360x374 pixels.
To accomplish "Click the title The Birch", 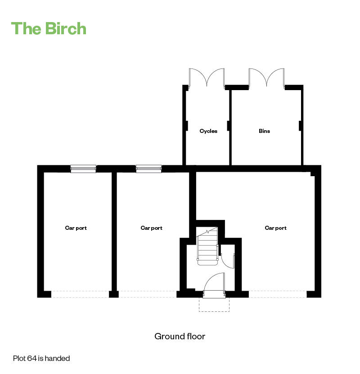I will click(49, 28).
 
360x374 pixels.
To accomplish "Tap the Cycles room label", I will click(208, 131).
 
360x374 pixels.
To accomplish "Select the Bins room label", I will click(264, 131).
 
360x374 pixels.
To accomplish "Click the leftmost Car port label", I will click(76, 228).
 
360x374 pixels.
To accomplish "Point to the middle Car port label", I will click(151, 228).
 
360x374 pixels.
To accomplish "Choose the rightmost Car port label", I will click(275, 228).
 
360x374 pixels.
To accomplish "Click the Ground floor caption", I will click(180, 337).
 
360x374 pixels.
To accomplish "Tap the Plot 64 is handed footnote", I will click(41, 359).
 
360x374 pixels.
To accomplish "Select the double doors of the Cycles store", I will click(207, 78).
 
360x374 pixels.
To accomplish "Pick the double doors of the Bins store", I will click(267, 78).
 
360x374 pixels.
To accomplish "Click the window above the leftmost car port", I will click(83, 169).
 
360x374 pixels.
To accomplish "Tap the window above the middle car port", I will click(148, 169).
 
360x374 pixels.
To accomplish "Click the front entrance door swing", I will click(214, 284).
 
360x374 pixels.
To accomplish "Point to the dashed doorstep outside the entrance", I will click(214, 305).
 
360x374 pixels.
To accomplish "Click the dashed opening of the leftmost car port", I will click(80, 294).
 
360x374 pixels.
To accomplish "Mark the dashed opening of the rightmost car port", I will click(278, 294).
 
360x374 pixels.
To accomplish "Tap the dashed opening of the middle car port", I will click(147, 294).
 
